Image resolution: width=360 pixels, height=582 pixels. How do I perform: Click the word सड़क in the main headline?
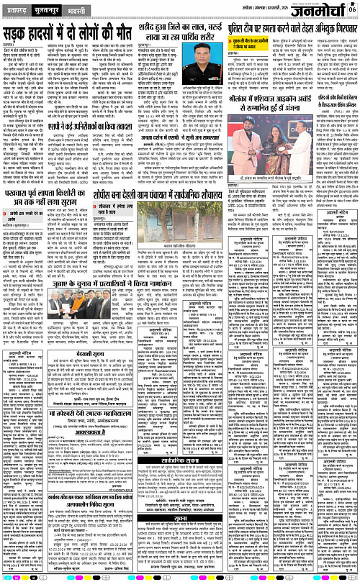click(22, 35)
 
